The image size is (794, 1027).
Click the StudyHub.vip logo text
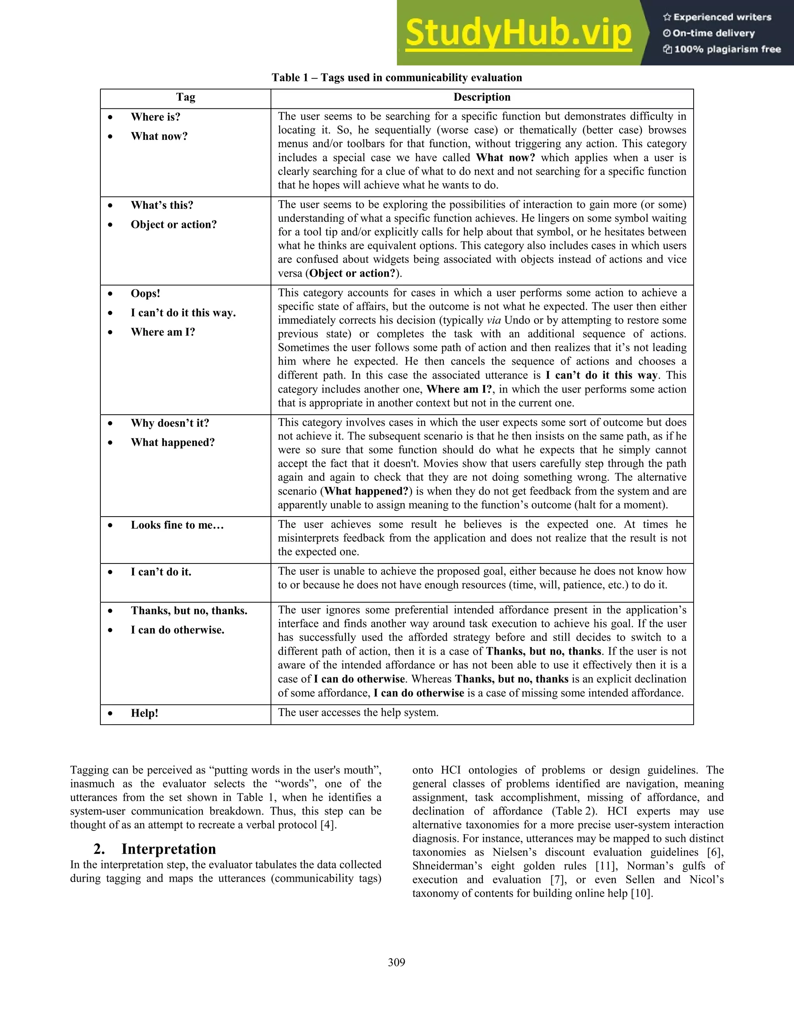(518, 33)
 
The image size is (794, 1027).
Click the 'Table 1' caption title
(397, 78)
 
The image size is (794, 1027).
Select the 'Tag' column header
(185, 97)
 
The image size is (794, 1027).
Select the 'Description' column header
(482, 97)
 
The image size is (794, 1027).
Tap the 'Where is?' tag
(155, 117)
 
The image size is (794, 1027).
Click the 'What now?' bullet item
(159, 136)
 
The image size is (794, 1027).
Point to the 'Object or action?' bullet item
(174, 224)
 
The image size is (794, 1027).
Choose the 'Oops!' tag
(145, 293)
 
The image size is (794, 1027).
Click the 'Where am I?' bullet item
(163, 332)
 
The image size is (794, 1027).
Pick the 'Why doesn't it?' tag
(170, 423)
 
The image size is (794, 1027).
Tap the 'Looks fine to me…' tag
(177, 525)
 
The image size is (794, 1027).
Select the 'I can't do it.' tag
(161, 572)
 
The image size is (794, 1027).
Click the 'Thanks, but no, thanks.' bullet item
(189, 610)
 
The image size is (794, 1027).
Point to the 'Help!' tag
(144, 713)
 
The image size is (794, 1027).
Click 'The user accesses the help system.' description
(358, 712)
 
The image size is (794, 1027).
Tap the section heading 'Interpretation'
(168, 849)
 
